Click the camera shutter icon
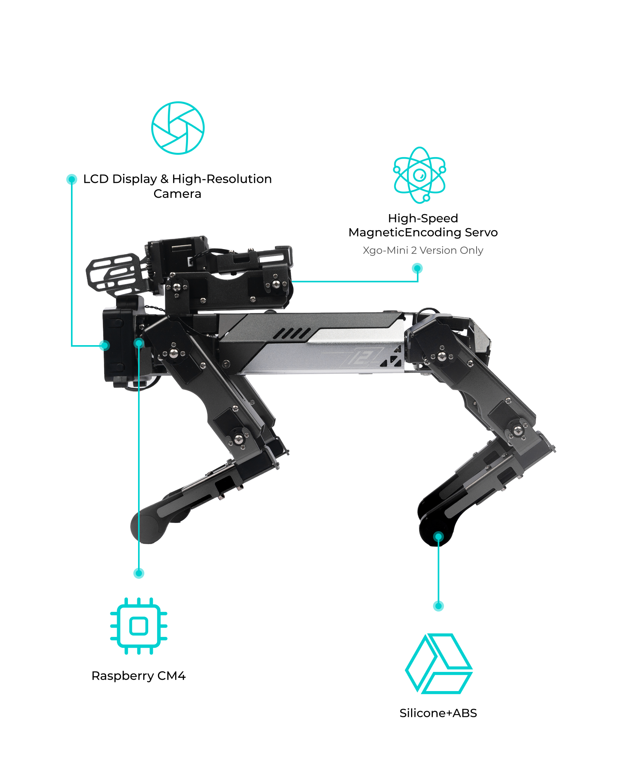[178, 128]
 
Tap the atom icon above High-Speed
[420, 175]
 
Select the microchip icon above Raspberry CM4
[139, 626]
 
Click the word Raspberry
[122, 676]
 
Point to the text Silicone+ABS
[438, 713]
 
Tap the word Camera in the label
[177, 194]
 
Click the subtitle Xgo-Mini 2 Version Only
[423, 250]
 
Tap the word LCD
[96, 179]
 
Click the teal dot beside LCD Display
[72, 179]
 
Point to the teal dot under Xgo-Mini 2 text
[417, 268]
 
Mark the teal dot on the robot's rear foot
[438, 537]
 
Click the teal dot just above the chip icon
[139, 573]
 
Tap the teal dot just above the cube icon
[438, 606]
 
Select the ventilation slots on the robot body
[292, 334]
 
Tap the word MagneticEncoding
[405, 233]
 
